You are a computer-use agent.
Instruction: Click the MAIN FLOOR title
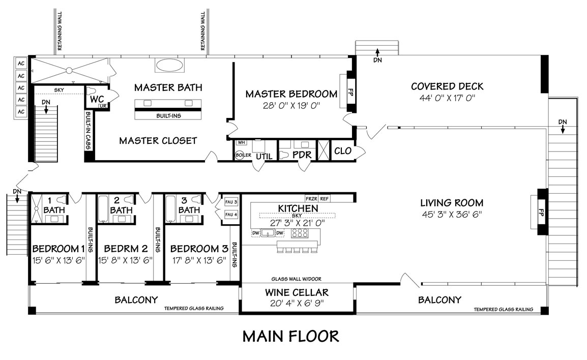(291, 336)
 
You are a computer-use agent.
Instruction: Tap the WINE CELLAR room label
(297, 292)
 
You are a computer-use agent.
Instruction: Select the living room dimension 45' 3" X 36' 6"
(452, 214)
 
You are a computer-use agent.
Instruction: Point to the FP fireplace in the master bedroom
(351, 92)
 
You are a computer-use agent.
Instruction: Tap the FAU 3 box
(231, 202)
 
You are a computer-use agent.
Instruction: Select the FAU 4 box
(231, 215)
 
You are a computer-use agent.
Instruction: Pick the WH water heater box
(242, 142)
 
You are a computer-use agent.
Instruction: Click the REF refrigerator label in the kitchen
(324, 199)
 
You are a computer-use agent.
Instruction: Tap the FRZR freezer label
(311, 199)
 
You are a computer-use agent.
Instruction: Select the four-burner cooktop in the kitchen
(300, 233)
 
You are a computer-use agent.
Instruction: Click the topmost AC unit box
(21, 63)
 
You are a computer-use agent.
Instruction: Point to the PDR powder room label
(302, 155)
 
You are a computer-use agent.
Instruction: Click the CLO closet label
(343, 151)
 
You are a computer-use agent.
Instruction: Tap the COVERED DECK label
(447, 86)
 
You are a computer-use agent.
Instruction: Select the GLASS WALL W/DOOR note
(296, 279)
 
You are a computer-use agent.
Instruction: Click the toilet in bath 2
(128, 199)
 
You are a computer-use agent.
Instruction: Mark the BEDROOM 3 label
(199, 249)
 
